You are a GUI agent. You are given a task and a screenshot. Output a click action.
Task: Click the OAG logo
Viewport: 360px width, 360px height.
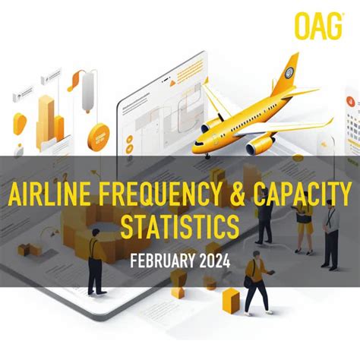[x=318, y=27]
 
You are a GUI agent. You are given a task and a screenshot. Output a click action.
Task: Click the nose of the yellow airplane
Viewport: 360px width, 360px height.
[x=197, y=141]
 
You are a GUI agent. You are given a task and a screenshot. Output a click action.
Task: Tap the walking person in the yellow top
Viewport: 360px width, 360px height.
[x=257, y=281]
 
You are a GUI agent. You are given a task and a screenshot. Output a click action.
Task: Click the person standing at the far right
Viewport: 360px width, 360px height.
[x=330, y=235]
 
